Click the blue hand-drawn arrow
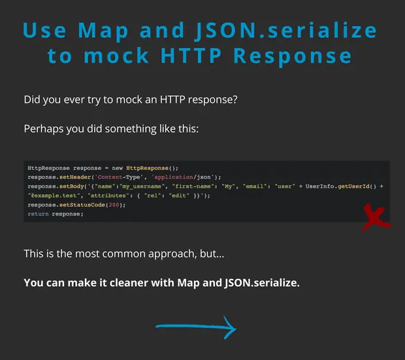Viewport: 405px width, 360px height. pyautogui.click(x=197, y=327)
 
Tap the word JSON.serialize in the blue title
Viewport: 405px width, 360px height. pyautogui.click(x=286, y=31)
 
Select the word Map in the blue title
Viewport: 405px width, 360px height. pyautogui.click(x=103, y=31)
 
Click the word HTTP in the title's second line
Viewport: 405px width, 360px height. pyautogui.click(x=191, y=56)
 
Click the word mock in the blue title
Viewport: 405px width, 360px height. pyautogui.click(x=116, y=56)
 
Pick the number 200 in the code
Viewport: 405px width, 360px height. pyautogui.click(x=114, y=205)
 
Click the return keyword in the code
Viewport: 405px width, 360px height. pyautogui.click(x=39, y=214)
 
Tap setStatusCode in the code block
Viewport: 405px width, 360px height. pyautogui.click(x=82, y=205)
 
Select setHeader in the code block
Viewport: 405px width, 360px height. pyautogui.click(x=75, y=177)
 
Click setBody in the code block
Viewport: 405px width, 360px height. pyautogui.click(x=72, y=186)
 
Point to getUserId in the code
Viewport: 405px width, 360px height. pyautogui.click(x=353, y=186)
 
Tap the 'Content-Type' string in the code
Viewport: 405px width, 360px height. pyautogui.click(x=119, y=177)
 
